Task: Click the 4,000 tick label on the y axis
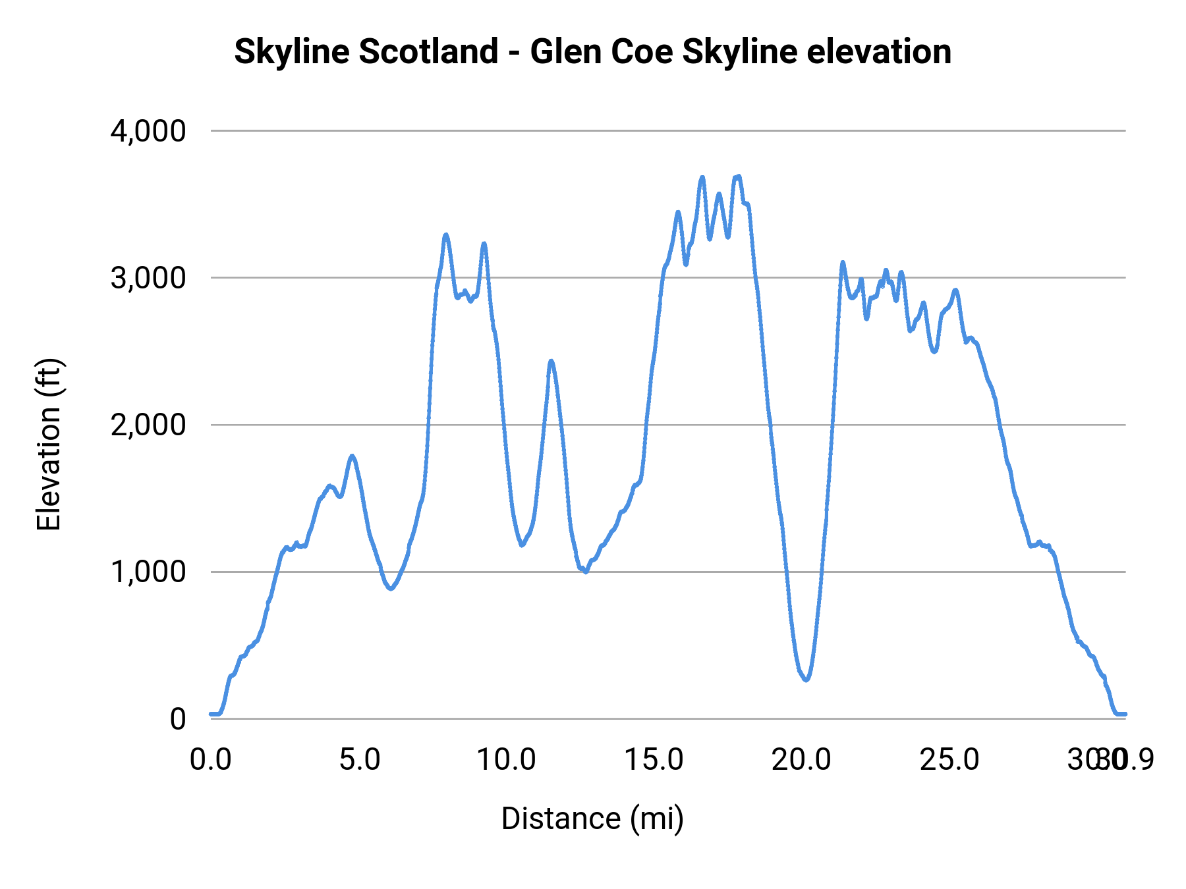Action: [x=148, y=131]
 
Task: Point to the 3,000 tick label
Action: [x=148, y=278]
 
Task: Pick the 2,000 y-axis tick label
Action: [x=148, y=425]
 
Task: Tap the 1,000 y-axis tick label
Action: [x=148, y=572]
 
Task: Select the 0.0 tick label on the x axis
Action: [x=211, y=760]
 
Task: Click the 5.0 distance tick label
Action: [x=359, y=760]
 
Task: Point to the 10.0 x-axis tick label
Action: [x=506, y=760]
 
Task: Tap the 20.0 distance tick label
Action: [x=801, y=760]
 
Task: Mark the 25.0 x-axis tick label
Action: [x=949, y=760]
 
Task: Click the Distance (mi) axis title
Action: [x=592, y=819]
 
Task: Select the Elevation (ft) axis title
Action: [x=48, y=444]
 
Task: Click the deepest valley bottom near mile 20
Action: [x=806, y=680]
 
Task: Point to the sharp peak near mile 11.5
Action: [x=551, y=361]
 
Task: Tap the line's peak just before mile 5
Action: [x=353, y=456]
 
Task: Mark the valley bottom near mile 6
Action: [x=391, y=589]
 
